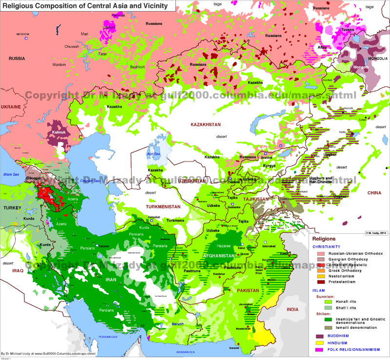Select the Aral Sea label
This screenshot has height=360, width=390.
[x=154, y=154]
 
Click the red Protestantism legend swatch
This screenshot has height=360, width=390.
[x=321, y=281]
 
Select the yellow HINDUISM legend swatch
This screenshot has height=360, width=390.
[x=321, y=343]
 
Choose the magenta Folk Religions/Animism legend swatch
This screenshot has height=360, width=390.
[x=321, y=350]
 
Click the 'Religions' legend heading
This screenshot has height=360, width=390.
[x=324, y=239]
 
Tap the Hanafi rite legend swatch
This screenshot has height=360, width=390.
[x=321, y=302]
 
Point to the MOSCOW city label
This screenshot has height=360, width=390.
[x=23, y=34]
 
